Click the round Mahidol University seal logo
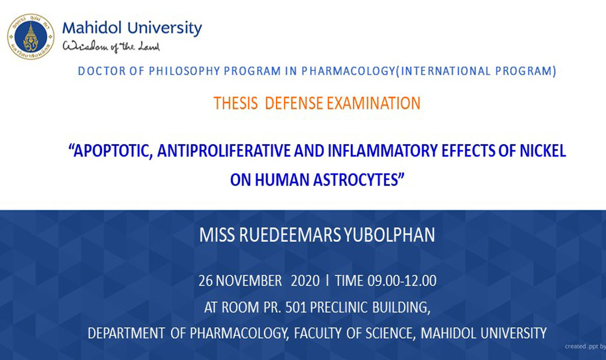click(31, 37)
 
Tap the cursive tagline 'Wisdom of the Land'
click(112, 46)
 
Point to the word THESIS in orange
click(236, 103)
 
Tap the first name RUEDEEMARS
click(290, 235)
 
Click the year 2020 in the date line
click(305, 281)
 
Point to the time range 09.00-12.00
click(402, 281)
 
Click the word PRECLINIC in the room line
click(339, 307)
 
